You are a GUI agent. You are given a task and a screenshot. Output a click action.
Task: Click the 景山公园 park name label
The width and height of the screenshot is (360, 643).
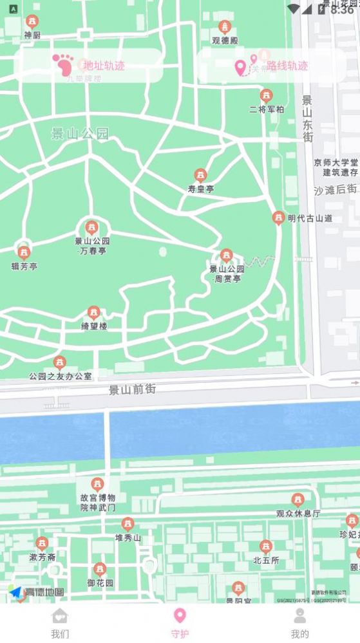pos(81,134)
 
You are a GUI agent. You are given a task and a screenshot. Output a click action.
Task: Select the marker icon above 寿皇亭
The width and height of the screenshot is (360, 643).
pos(201,175)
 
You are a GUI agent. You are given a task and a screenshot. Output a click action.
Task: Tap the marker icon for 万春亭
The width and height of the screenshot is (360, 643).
pos(92,227)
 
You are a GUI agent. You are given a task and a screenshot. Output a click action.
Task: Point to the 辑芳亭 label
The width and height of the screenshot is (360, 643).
pos(24,266)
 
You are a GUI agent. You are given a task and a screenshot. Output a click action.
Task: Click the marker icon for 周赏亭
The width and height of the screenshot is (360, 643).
pos(227,256)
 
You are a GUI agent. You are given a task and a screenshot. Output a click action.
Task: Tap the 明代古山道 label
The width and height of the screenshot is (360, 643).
pos(310,218)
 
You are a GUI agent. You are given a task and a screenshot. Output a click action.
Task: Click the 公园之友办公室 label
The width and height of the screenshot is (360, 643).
pos(60,375)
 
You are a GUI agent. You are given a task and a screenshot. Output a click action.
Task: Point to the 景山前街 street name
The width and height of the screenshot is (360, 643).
pos(132,389)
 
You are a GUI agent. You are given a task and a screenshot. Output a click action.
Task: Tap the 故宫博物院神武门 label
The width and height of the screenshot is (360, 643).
pos(98,502)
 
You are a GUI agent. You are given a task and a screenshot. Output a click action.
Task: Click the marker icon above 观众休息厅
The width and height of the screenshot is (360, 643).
pos(298,499)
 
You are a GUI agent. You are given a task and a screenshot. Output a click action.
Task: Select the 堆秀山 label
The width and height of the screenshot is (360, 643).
pos(128,537)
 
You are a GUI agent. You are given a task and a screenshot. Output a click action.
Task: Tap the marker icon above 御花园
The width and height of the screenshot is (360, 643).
pos(100,569)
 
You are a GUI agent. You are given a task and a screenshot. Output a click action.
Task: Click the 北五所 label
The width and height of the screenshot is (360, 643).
pos(266,560)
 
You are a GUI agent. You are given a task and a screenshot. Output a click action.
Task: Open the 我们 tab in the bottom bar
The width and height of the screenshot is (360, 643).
pos(60,622)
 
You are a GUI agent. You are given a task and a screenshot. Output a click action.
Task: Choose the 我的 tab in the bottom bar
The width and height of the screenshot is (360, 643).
pos(299,622)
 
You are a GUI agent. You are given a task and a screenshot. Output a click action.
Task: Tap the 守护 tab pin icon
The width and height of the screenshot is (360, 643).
pos(180,615)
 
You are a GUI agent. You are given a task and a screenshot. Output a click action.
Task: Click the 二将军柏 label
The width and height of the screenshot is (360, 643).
pos(266,109)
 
